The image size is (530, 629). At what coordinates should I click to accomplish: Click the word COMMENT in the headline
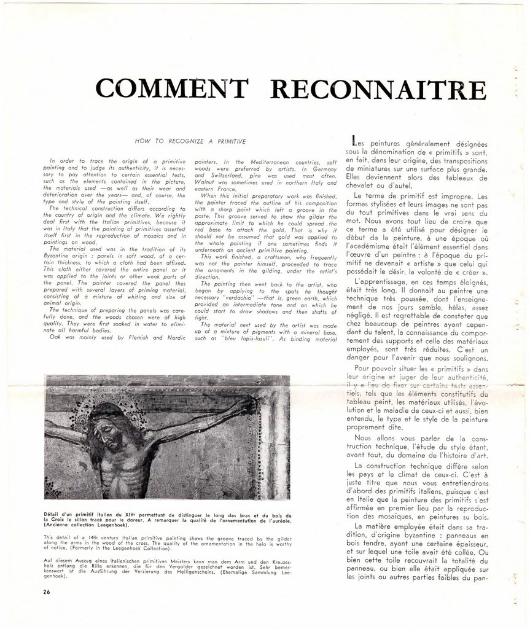(x=171, y=89)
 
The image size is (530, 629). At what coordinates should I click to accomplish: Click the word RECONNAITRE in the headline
(x=378, y=90)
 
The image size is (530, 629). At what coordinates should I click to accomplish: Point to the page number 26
(x=47, y=592)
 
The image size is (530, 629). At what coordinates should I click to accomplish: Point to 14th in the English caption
(x=89, y=537)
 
